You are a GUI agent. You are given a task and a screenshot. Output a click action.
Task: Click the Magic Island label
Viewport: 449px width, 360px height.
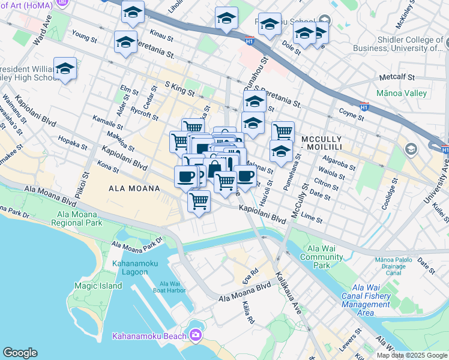pyautogui.click(x=98, y=286)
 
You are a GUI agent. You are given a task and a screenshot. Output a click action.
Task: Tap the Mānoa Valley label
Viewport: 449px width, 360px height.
pyautogui.click(x=401, y=93)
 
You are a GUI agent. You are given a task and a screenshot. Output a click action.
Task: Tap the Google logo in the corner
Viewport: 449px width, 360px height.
pyautogui.click(x=20, y=353)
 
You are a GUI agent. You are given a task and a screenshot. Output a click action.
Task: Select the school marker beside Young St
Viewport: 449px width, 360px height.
pyautogui.click(x=125, y=42)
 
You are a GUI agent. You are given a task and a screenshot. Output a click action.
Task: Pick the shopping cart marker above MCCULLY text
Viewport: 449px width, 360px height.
pyautogui.click(x=283, y=131)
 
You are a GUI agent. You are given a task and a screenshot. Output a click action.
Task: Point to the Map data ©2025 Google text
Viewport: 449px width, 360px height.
pyautogui.click(x=412, y=355)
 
